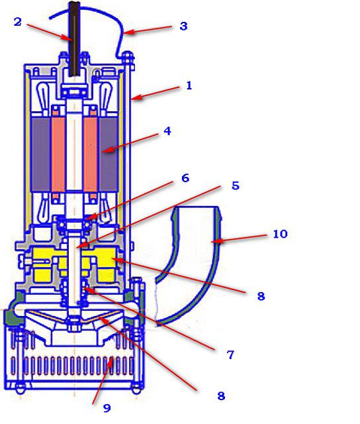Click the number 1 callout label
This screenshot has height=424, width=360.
pos(189,85)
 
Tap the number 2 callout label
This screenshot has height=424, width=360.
pos(18,22)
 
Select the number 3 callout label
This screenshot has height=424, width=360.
pos(184,26)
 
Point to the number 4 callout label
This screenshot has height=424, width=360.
pos(167,131)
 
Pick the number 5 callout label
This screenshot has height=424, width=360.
pos(236,185)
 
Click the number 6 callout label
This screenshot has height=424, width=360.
pos(185,178)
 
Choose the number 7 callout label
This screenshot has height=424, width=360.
pos(230,355)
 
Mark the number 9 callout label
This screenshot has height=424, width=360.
pos(107,408)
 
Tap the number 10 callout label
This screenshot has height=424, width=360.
pos(280,234)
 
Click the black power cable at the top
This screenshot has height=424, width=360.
pos(75,38)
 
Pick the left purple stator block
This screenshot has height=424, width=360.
pos(41,154)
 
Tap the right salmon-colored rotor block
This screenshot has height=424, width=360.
pos(91,154)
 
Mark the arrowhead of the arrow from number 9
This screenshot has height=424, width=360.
pos(111,360)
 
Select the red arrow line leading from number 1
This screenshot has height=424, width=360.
pos(156,93)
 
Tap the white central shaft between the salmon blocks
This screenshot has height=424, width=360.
pos(74,154)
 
